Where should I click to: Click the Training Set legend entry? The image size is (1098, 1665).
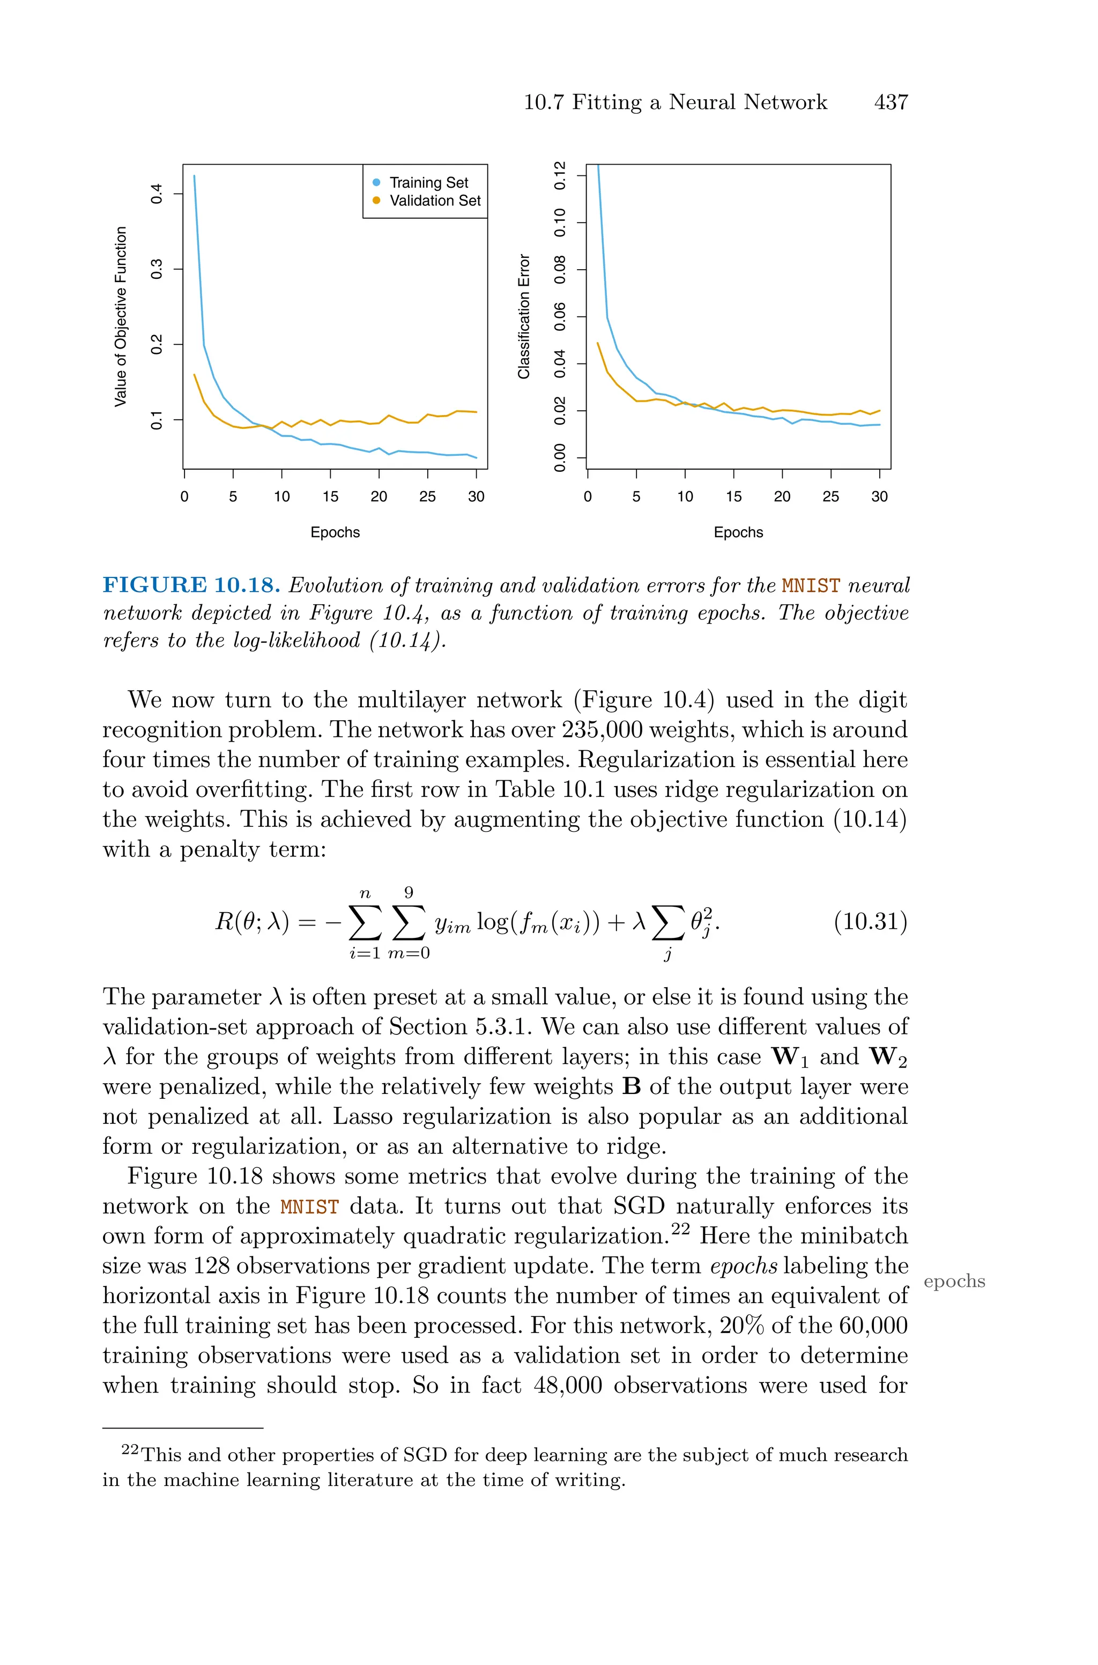coord(428,183)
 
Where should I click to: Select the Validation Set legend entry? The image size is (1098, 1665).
coord(434,201)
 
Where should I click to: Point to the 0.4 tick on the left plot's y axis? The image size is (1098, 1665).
coord(157,194)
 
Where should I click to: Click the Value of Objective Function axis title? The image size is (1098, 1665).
coord(121,316)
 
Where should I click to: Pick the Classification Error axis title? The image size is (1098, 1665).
coord(524,316)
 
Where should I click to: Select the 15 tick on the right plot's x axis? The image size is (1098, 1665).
coord(733,497)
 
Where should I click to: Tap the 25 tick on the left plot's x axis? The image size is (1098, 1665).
coord(427,497)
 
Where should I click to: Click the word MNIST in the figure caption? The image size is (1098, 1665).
coord(810,586)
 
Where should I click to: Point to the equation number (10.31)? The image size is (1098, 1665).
coord(870,921)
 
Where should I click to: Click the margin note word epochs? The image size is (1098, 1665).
coord(954,1281)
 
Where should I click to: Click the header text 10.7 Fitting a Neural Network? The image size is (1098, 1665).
coord(675,102)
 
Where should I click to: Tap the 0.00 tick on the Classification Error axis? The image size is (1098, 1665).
coord(560,458)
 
